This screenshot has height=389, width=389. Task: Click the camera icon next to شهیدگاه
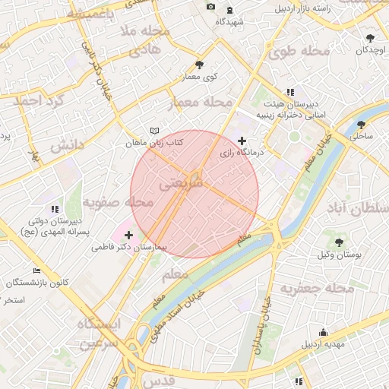pos(210,7)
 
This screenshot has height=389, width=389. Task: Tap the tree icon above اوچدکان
pos(370,37)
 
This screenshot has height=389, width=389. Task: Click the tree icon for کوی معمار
pos(199,65)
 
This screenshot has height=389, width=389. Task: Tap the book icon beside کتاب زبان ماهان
pos(154,131)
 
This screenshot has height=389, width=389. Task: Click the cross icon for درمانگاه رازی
pos(242,141)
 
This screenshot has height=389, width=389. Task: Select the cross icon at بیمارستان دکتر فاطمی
pos(129,235)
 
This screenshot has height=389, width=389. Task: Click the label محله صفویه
pos(119,203)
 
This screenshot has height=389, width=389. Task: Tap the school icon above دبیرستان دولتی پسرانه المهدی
pos(53,208)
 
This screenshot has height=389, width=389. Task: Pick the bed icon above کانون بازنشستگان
pos(37,270)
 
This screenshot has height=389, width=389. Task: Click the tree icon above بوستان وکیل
pos(339,242)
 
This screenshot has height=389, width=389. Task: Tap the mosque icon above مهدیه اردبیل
pos(324,332)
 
